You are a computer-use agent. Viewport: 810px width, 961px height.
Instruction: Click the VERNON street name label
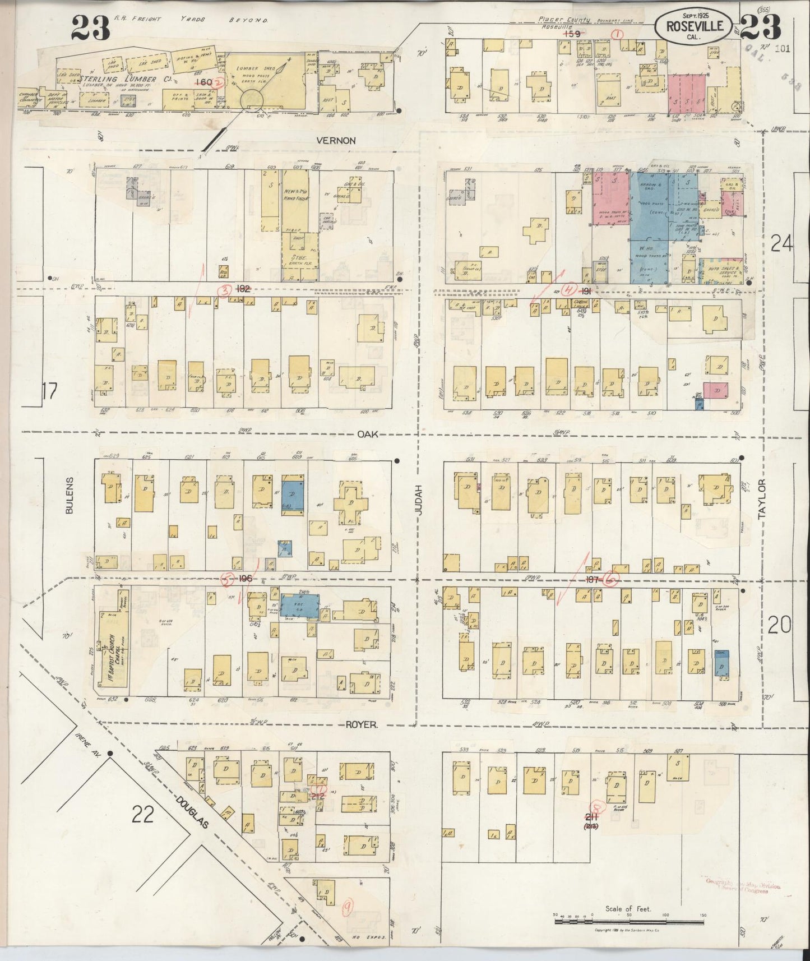(x=336, y=141)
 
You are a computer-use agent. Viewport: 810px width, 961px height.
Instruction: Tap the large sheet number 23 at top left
(x=90, y=27)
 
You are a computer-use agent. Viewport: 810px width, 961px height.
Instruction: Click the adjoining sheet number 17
(x=50, y=391)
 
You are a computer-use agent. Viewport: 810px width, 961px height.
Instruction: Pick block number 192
(x=243, y=290)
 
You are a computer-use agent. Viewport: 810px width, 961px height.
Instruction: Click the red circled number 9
(x=348, y=907)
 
